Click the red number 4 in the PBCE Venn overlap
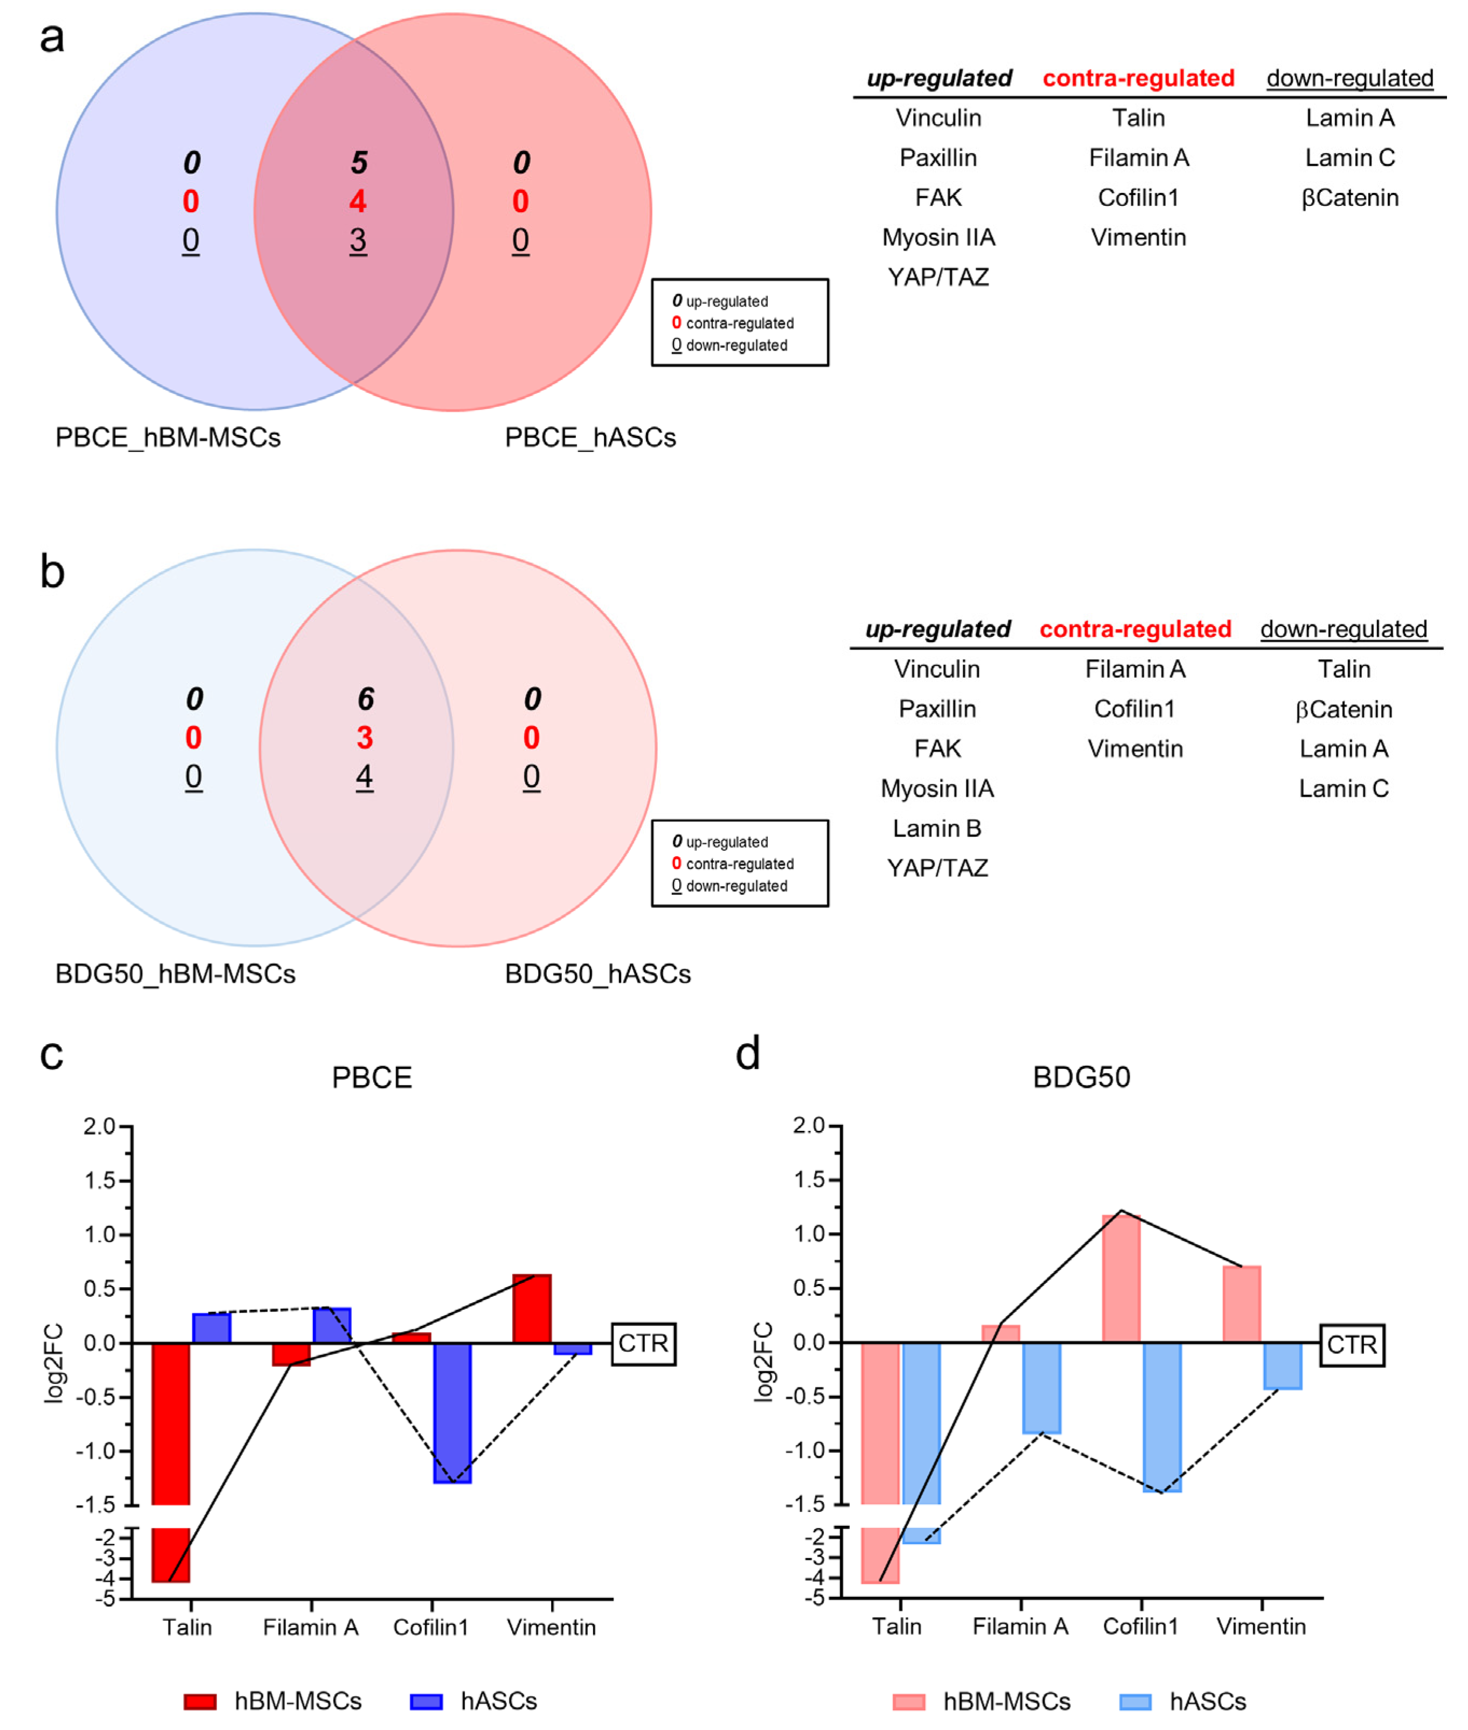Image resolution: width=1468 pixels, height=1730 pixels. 358,202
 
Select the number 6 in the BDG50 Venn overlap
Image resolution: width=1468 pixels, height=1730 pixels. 365,699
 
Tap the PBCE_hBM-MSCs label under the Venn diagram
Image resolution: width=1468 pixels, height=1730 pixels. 168,437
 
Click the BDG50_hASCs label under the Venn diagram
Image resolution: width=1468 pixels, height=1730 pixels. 597,974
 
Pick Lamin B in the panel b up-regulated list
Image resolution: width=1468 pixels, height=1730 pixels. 937,829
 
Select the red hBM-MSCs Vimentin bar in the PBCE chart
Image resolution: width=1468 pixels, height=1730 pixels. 532,1309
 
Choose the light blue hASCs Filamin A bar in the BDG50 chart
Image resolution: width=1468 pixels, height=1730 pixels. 1041,1387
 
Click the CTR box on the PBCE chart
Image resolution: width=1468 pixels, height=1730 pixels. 643,1343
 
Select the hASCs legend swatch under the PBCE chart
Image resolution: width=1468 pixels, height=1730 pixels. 426,1701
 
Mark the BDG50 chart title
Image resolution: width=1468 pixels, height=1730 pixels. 1081,1078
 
